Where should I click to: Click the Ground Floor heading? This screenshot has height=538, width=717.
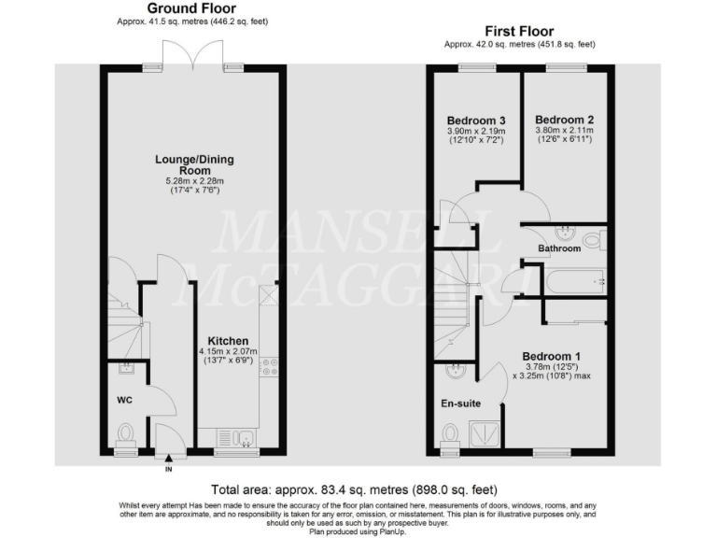click(x=191, y=8)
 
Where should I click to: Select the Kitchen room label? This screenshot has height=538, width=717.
click(x=227, y=340)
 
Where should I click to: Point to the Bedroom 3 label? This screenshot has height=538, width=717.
click(x=476, y=120)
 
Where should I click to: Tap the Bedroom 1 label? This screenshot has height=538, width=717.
click(x=551, y=356)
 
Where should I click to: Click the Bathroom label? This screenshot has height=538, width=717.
click(x=558, y=248)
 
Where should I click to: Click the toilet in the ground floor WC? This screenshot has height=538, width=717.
click(x=126, y=433)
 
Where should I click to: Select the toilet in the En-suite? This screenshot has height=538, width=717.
click(x=451, y=432)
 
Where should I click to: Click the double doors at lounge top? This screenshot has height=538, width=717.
click(x=190, y=64)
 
